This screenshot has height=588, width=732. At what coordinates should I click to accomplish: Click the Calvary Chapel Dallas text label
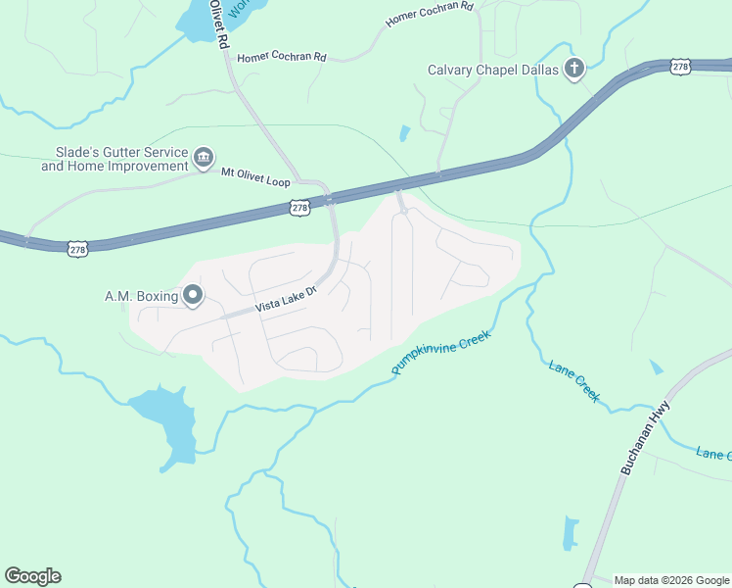(493, 70)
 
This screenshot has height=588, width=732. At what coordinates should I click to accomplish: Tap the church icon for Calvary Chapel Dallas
(574, 69)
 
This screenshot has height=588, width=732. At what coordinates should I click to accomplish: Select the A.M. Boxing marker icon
(193, 295)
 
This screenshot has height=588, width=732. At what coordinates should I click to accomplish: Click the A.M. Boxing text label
(141, 296)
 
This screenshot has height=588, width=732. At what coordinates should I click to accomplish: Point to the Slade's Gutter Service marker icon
(204, 157)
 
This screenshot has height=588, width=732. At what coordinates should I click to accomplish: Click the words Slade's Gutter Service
(114, 153)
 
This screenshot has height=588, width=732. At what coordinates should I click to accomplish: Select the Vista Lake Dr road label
(287, 300)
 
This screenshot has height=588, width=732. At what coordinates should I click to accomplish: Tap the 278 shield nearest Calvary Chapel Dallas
(681, 66)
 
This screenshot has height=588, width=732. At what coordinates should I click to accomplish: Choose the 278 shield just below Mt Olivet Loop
(300, 208)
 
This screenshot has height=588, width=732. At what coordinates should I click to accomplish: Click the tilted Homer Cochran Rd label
(430, 14)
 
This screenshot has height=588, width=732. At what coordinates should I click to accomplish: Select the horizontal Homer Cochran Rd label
(281, 57)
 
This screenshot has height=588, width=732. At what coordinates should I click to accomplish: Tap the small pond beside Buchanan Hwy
(570, 532)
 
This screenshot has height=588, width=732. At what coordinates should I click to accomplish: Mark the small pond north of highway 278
(404, 133)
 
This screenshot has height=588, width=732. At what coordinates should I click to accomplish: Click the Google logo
(32, 576)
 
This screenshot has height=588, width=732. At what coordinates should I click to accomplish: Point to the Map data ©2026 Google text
(671, 580)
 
